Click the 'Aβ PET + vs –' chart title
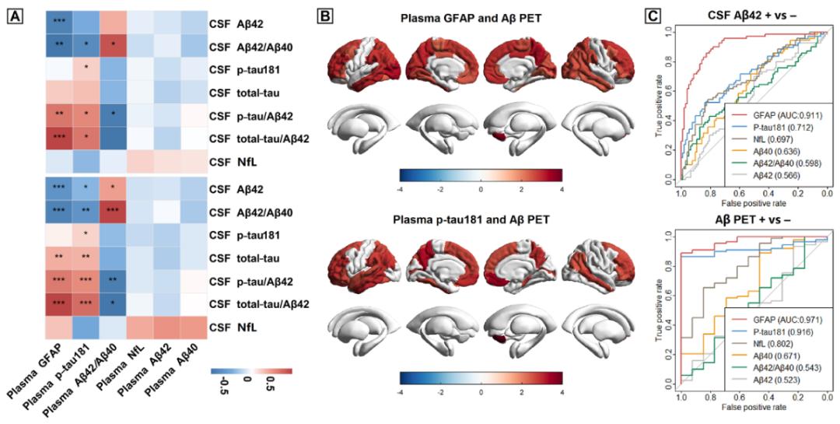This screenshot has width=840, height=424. pos(740,221)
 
